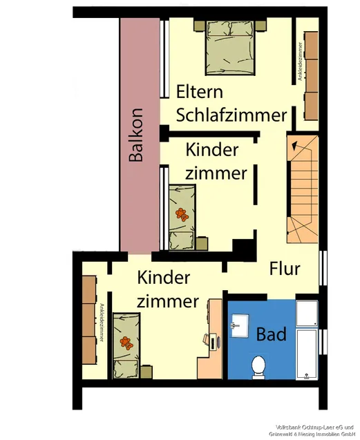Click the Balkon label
tap(136, 135)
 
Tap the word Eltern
tap(199, 92)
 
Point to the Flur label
tap(285, 267)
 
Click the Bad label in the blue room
tap(271, 335)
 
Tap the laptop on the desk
tap(211, 339)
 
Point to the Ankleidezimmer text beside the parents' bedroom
tap(300, 62)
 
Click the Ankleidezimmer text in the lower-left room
tap(101, 323)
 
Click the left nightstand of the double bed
tap(198, 26)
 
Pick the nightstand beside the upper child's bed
tap(202, 244)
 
